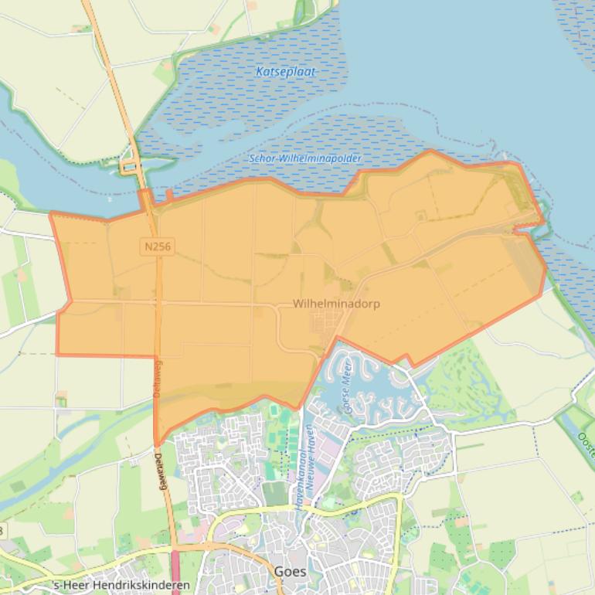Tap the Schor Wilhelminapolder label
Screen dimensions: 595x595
tap(304, 158)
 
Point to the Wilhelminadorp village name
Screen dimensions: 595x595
tap(336, 304)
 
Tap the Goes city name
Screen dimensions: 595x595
tap(290, 573)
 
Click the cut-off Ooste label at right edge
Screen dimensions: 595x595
tap(585, 444)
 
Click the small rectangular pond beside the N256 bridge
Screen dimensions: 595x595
tap(127, 166)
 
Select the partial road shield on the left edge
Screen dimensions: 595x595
tap(2, 530)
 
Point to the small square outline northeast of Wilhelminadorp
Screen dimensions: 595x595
tap(420, 216)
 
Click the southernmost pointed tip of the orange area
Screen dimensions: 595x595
tap(157, 444)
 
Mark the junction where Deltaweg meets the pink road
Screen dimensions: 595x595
tap(175, 547)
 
